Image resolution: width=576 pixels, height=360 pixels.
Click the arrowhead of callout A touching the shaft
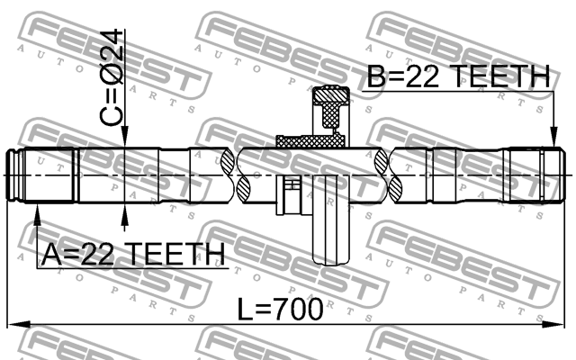click(38, 210)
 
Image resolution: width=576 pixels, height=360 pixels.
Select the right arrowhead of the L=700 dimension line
click(565, 323)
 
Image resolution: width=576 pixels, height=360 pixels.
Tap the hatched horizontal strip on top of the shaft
click(310, 140)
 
